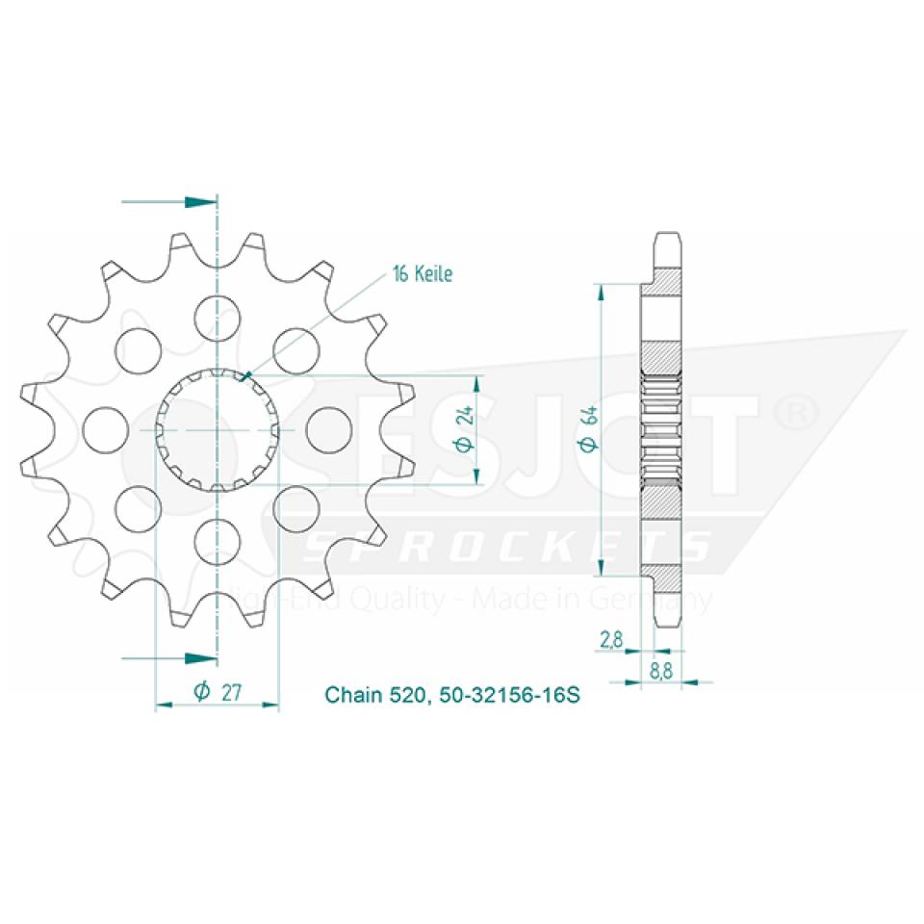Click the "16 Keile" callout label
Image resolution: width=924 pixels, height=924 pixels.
[x=421, y=273]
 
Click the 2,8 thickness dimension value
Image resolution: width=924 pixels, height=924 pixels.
[x=610, y=638]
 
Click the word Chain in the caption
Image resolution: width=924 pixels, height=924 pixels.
[x=350, y=694]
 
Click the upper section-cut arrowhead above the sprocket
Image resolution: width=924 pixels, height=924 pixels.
[x=200, y=202]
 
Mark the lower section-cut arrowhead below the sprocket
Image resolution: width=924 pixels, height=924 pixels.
[x=200, y=658]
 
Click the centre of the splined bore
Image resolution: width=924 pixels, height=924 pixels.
[x=218, y=428]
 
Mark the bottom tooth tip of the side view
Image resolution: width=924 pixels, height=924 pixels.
[x=668, y=619]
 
